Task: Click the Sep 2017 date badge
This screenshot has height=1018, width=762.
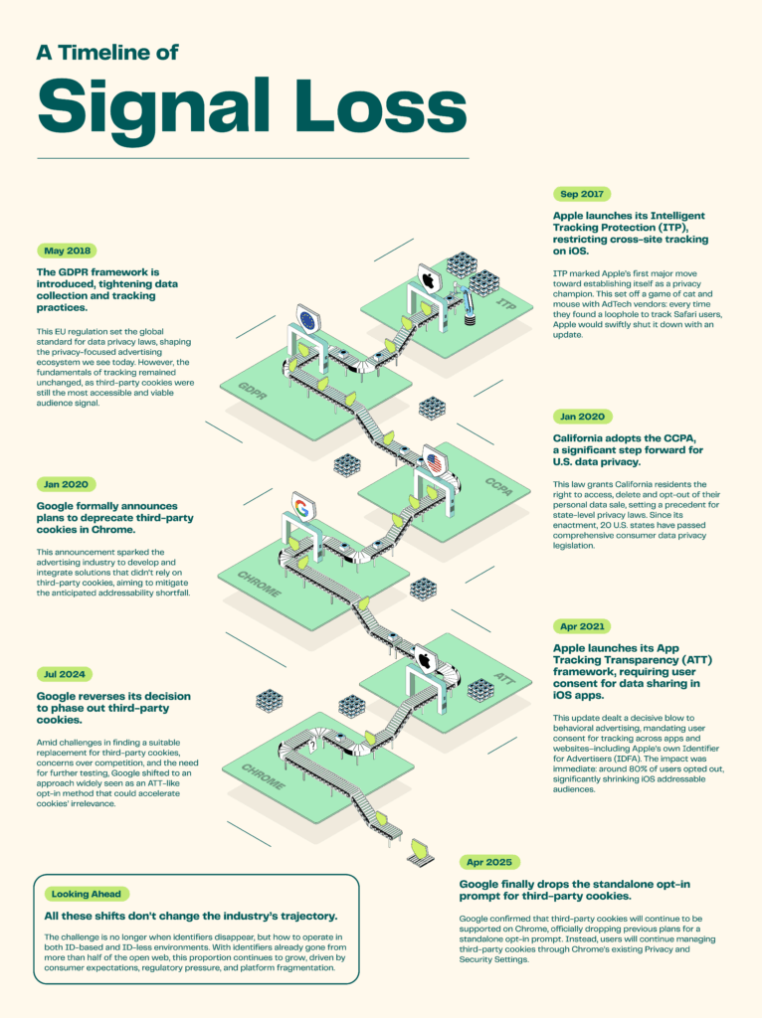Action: coord(582,195)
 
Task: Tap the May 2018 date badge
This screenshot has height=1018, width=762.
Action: coord(67,252)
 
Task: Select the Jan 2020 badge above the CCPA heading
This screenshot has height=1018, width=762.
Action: coord(582,417)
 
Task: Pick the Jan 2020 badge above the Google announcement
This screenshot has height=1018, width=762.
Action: coord(67,484)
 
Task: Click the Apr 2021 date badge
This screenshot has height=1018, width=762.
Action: coord(582,626)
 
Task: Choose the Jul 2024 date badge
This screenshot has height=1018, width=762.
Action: coord(66,674)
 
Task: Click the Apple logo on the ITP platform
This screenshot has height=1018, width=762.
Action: coord(429,279)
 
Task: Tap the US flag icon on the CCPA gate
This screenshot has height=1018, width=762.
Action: coord(434,463)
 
